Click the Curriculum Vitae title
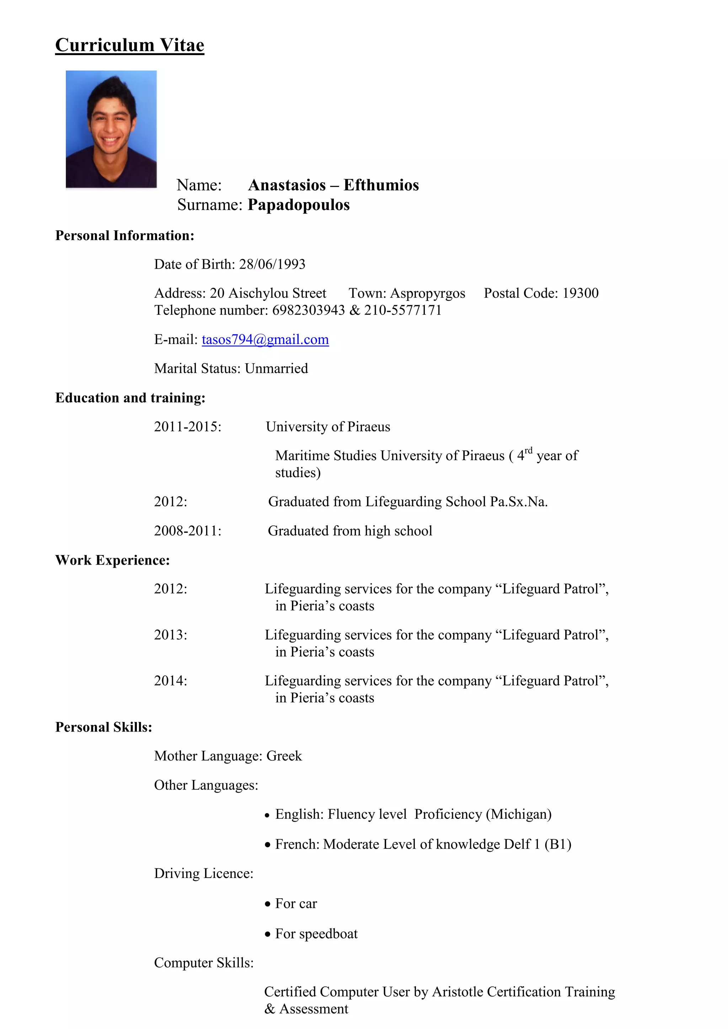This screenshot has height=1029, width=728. [x=129, y=45]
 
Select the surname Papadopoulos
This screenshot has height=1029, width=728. [x=299, y=205]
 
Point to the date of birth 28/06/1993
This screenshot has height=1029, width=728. [x=272, y=264]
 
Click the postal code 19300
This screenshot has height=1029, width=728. [x=580, y=293]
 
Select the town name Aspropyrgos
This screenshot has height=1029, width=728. [x=428, y=293]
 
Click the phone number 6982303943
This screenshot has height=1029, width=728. [x=309, y=310]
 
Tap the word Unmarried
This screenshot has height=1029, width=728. [x=276, y=368]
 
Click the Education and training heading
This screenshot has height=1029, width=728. [x=130, y=398]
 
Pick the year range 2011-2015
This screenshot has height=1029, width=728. [x=187, y=427]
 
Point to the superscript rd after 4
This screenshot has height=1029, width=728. [x=529, y=451]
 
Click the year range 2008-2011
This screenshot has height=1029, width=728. [x=187, y=530]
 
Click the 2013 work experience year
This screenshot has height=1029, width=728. [x=170, y=635]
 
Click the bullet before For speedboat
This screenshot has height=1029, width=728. [x=268, y=934]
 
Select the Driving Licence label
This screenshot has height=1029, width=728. [x=204, y=873]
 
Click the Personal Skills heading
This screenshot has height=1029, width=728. [x=103, y=727]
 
